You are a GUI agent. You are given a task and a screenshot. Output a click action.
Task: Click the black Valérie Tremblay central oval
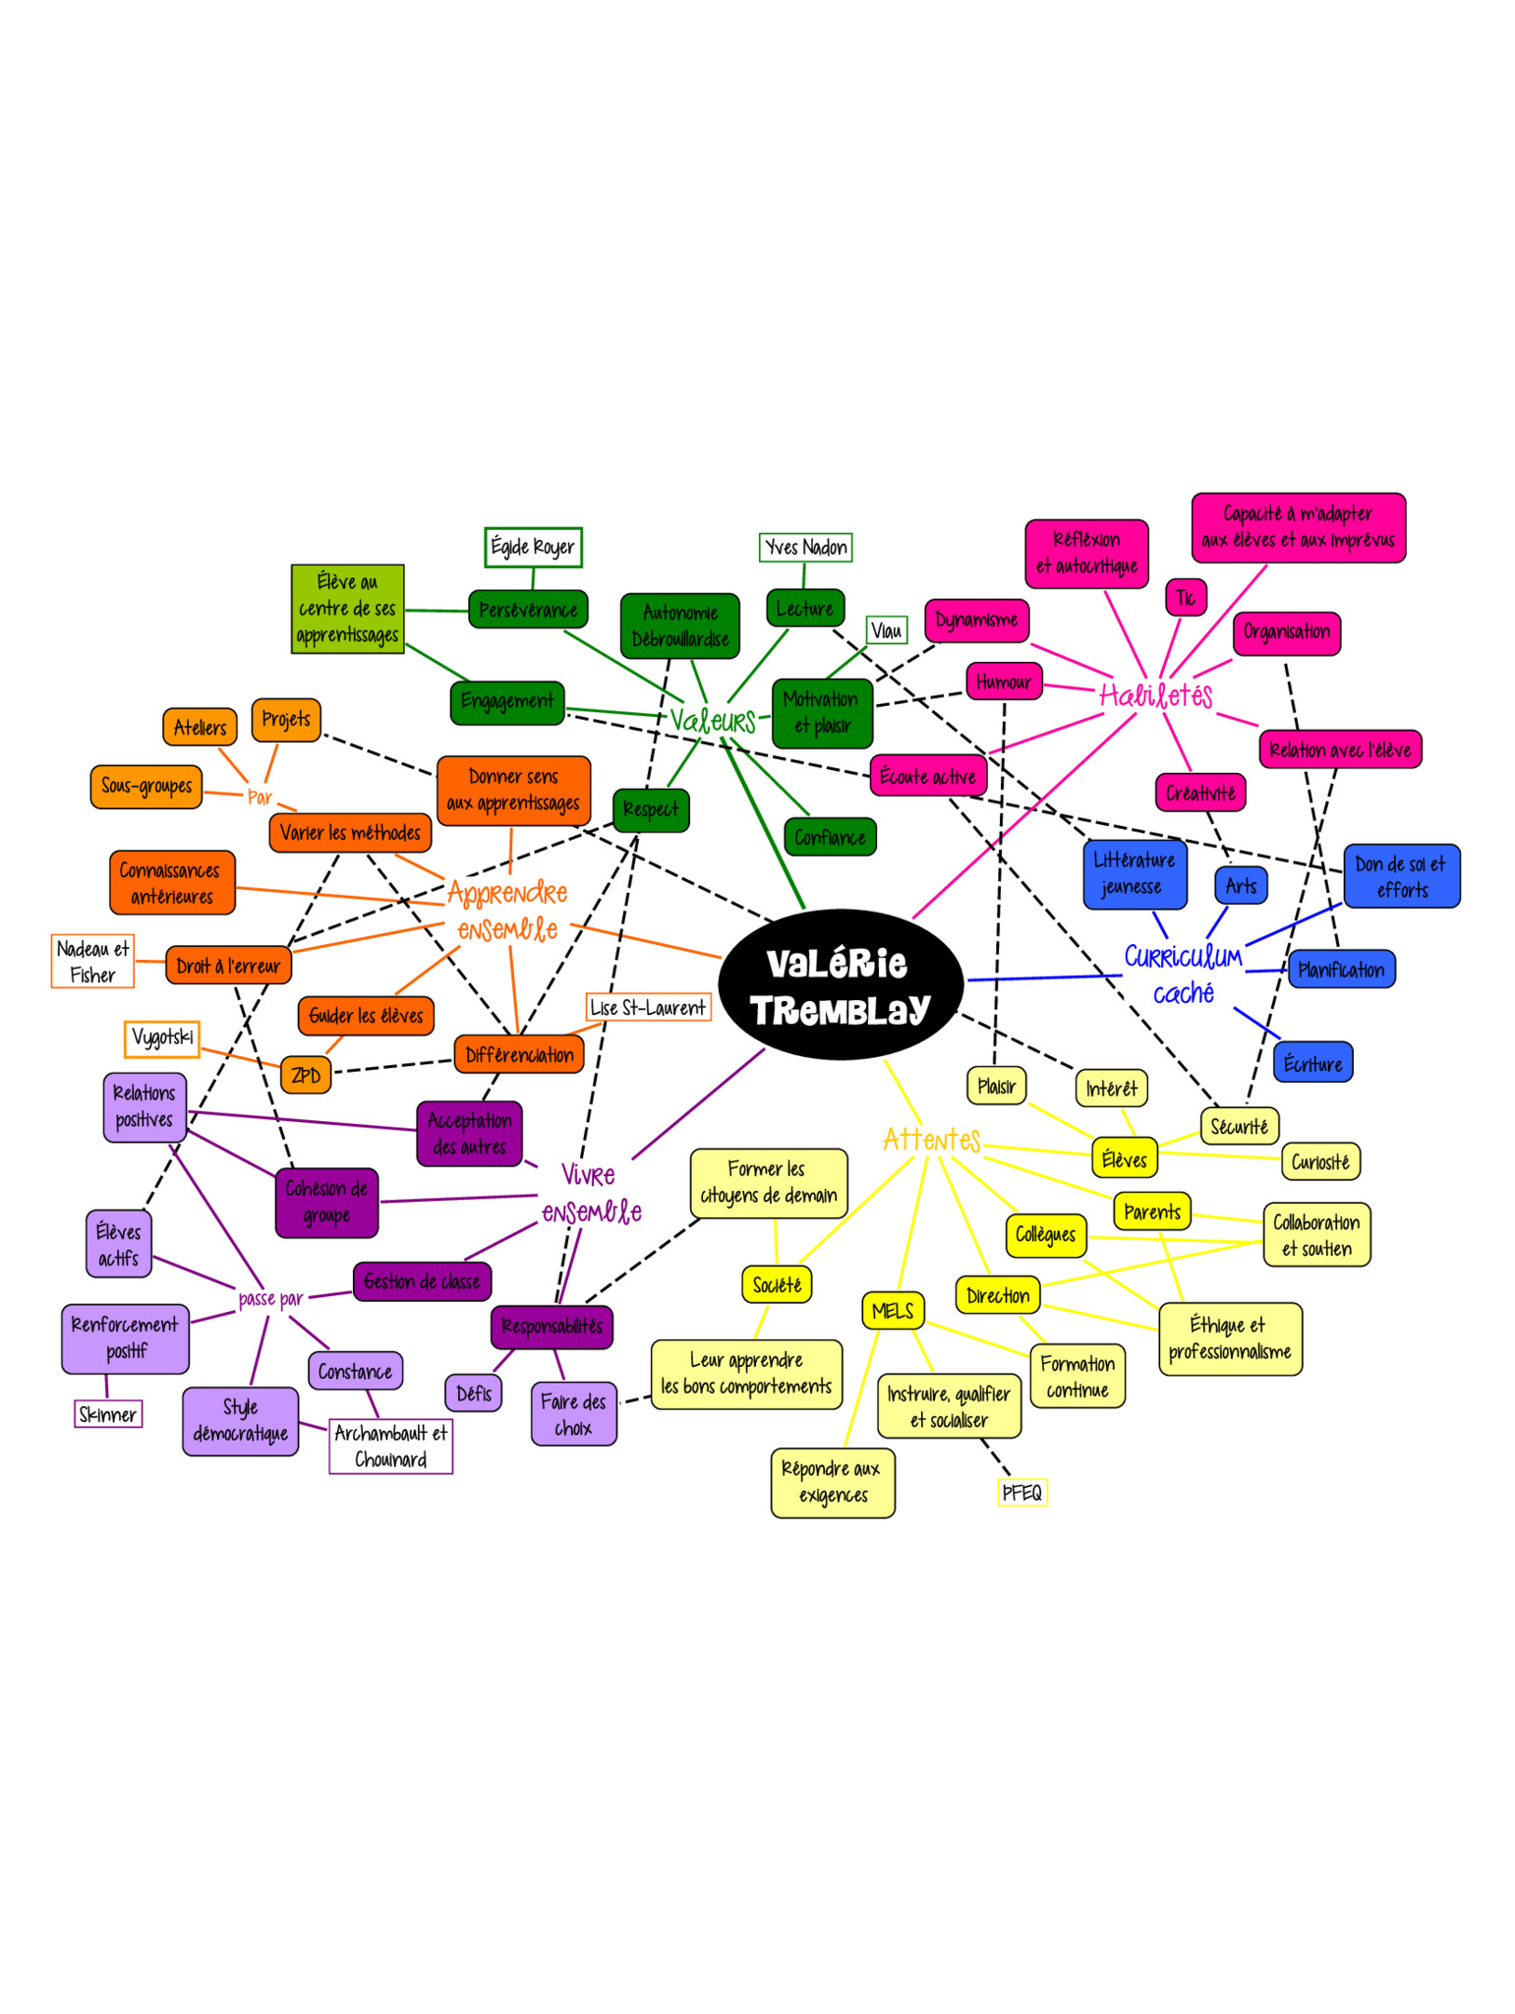[x=840, y=984]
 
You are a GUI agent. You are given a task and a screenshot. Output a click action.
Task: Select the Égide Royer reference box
[x=533, y=547]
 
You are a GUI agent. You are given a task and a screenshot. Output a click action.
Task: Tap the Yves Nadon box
[x=805, y=547]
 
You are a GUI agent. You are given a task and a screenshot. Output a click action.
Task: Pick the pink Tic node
[x=1186, y=597]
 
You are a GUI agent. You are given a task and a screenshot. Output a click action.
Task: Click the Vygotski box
[x=162, y=1037]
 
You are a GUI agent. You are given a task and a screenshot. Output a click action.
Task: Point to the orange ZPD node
[x=306, y=1075]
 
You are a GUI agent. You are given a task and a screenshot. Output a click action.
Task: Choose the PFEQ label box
[x=1022, y=1492]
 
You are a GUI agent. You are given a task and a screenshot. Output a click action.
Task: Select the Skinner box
[x=108, y=1414]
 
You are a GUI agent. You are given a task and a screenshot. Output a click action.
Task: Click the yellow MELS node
[x=893, y=1310]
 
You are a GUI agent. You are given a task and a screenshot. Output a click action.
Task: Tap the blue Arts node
[x=1241, y=885]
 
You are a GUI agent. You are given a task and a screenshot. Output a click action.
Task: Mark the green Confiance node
[x=830, y=837]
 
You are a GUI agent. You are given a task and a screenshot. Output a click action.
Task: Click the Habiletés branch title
[x=1156, y=695]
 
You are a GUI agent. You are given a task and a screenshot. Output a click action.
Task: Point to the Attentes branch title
[x=931, y=1139]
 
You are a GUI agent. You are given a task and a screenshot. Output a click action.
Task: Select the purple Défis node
[x=474, y=1392]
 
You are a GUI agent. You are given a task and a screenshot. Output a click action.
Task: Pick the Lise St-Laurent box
[x=648, y=1007]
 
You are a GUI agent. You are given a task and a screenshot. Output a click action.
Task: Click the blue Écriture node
[x=1312, y=1063]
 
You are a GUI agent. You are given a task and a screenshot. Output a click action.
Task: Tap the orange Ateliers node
[x=200, y=727]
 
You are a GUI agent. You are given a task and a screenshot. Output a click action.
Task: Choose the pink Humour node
[x=1004, y=681]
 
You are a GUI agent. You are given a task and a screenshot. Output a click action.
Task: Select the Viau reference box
[x=886, y=630]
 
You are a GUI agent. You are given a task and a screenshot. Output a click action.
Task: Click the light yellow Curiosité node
[x=1319, y=1161]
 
